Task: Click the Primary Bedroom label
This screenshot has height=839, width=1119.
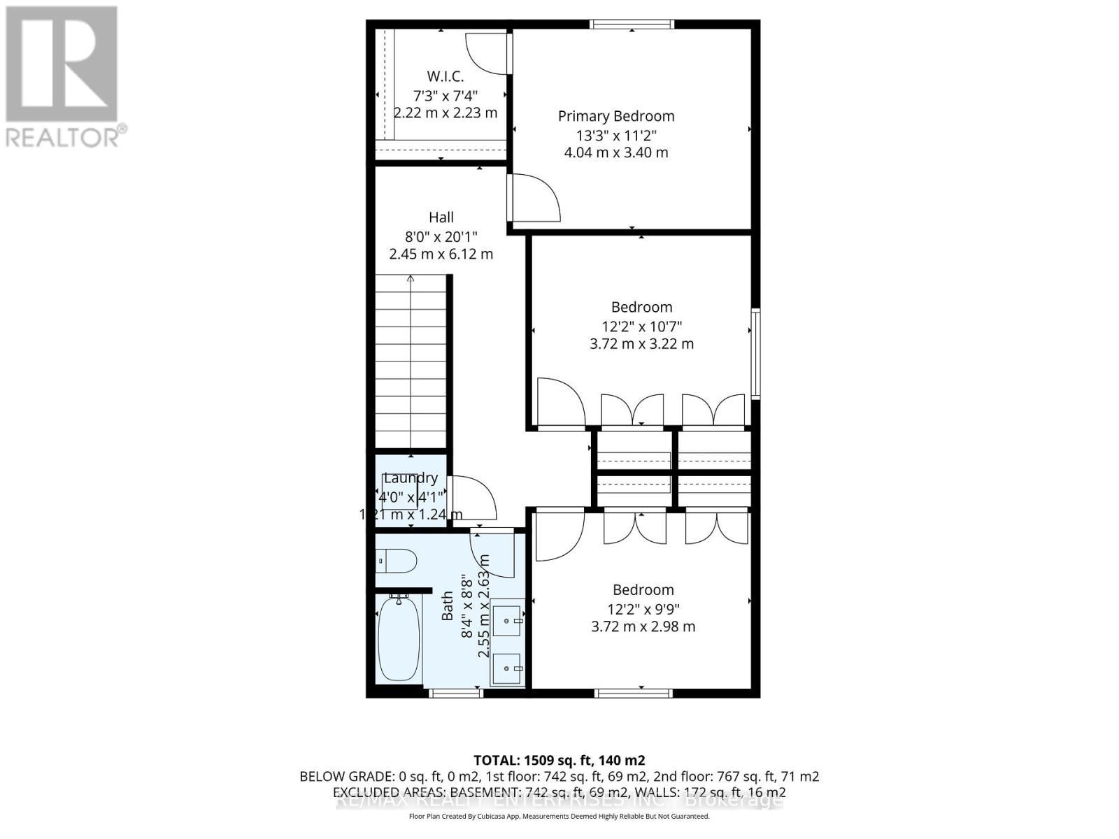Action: tap(615, 116)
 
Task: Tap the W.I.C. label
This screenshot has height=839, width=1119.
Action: tap(445, 76)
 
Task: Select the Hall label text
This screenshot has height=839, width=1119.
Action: tap(441, 217)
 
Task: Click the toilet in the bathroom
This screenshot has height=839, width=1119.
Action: tap(397, 560)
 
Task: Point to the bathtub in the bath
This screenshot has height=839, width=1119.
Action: tap(399, 638)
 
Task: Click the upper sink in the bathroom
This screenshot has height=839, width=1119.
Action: tap(507, 619)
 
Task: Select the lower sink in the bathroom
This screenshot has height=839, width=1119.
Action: tap(507, 668)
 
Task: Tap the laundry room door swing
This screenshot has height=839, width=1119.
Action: tap(473, 497)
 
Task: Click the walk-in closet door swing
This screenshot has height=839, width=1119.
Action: tap(487, 52)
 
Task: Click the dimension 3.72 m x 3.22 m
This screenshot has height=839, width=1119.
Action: tap(641, 344)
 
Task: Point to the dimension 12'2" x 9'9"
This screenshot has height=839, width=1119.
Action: tap(643, 609)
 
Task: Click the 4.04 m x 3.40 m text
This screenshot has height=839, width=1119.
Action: tap(615, 152)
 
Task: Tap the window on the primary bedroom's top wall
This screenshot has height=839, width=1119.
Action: tap(632, 24)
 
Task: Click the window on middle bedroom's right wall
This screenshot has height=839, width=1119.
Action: tap(755, 354)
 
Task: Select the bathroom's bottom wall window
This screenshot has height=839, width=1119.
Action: tap(455, 693)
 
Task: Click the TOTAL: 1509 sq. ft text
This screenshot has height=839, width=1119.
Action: tap(559, 760)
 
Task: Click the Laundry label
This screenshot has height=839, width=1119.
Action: tap(411, 478)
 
